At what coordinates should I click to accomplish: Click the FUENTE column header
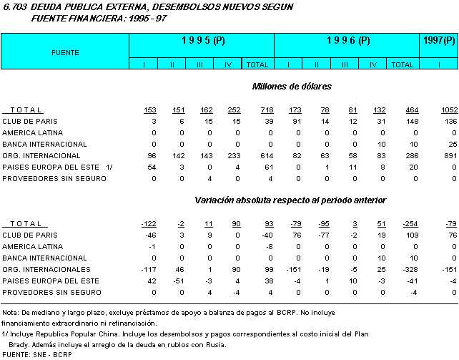[65, 52]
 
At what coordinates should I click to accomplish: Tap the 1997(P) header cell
[438, 42]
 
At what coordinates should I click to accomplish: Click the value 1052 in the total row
[448, 110]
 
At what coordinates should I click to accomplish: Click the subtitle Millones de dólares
[291, 87]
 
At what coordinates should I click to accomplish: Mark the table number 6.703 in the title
[16, 6]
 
